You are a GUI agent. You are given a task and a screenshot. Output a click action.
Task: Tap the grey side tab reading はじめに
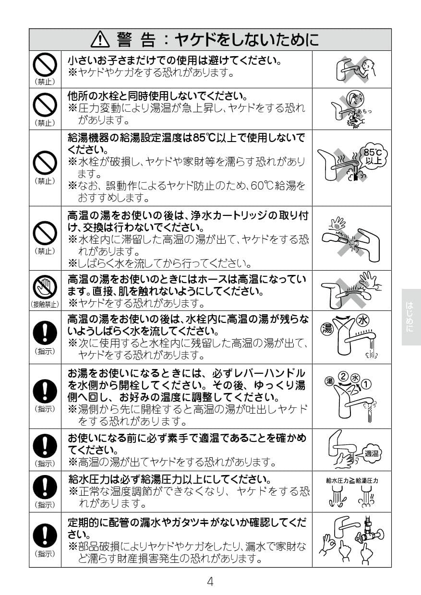[410, 317]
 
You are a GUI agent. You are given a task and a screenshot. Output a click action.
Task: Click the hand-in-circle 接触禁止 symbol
[45, 287]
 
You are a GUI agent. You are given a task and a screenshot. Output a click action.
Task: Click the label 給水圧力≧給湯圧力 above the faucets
[352, 480]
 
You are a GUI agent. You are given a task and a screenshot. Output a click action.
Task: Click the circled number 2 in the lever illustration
[343, 376]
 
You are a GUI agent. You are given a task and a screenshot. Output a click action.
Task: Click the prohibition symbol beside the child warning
[45, 64]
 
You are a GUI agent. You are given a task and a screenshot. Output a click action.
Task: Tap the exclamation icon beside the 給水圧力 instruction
[45, 488]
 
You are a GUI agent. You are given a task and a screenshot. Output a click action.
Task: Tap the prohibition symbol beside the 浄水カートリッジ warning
[45, 234]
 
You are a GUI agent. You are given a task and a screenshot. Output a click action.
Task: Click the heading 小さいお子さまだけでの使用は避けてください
[174, 61]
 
